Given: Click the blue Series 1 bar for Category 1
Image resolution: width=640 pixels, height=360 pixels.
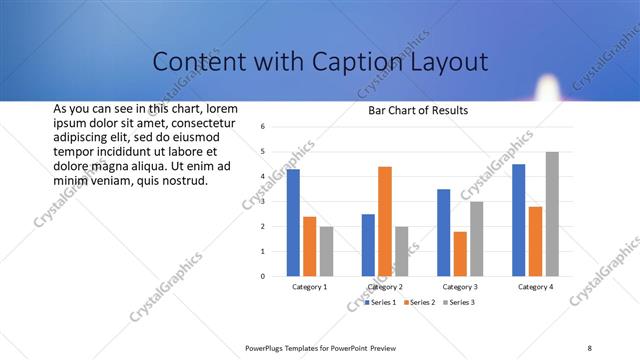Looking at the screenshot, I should click(293, 222).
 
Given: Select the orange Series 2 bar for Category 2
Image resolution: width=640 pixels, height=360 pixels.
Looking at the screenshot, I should click(385, 220).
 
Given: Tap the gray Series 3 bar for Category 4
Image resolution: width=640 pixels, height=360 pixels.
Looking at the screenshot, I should click(552, 213).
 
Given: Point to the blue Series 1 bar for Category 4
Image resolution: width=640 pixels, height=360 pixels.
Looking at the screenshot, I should click(519, 219).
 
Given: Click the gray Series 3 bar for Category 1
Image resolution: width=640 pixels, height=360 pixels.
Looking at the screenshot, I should click(326, 250).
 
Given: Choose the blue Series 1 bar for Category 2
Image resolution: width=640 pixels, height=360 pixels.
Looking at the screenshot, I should click(368, 244).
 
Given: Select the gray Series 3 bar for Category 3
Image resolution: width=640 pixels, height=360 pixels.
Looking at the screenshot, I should click(477, 238).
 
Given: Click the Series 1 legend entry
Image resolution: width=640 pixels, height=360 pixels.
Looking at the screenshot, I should click(381, 301).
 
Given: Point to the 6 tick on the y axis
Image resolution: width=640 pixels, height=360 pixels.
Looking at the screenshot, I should click(262, 127).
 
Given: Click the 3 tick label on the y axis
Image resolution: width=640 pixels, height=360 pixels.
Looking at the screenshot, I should click(262, 201).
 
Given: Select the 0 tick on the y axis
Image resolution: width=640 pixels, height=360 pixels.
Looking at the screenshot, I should click(262, 276).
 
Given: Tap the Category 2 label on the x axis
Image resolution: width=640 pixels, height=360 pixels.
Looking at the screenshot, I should click(385, 287).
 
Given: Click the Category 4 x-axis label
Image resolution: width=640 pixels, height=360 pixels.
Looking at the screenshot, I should click(535, 287).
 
